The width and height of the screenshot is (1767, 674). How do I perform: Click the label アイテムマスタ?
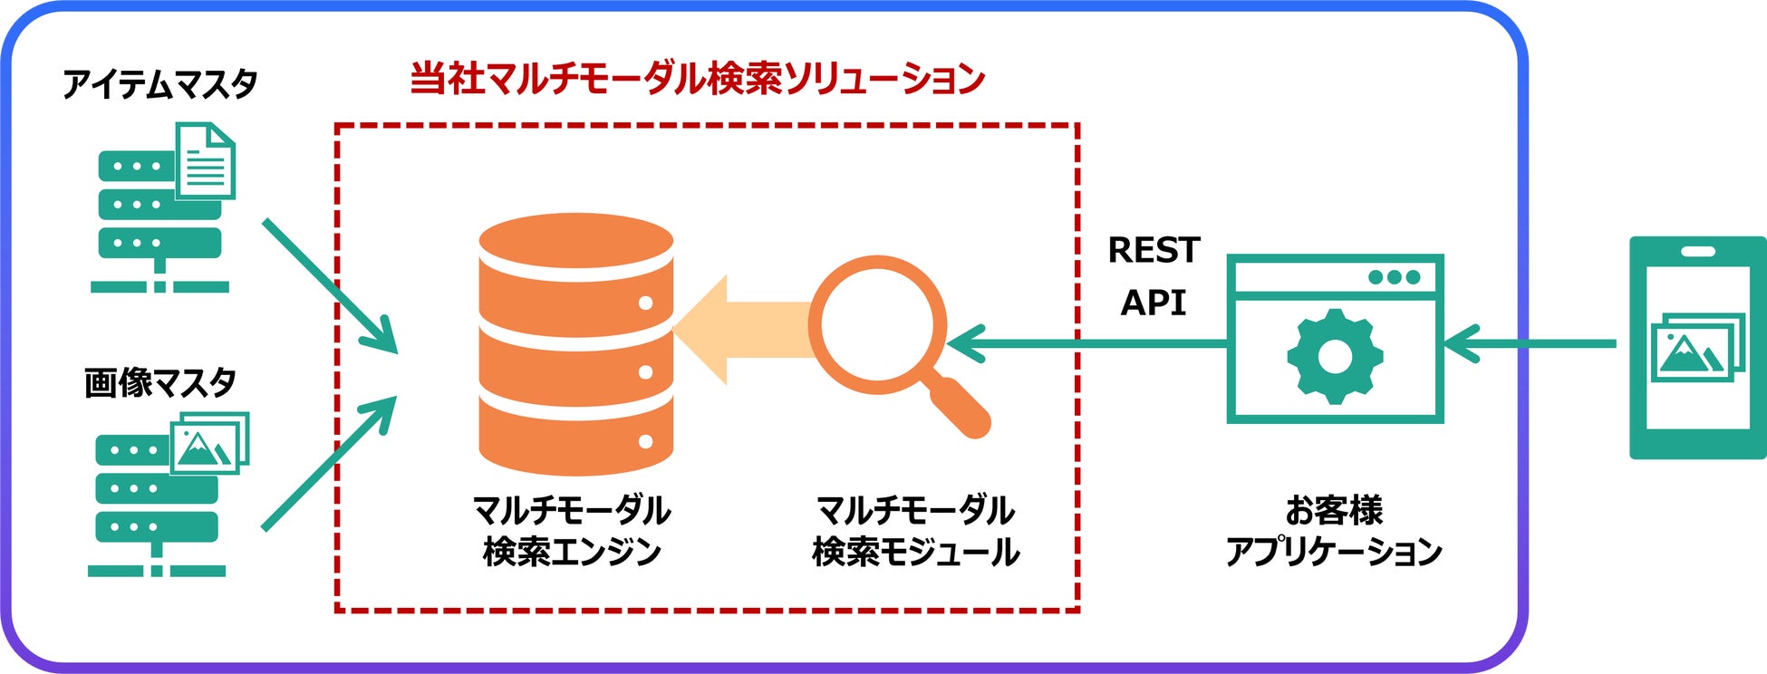click(x=159, y=84)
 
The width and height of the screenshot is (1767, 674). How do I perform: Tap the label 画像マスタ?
click(x=159, y=383)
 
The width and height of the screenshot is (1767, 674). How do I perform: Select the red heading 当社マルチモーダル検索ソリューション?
click(x=697, y=79)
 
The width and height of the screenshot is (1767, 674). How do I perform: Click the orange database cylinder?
click(x=576, y=344)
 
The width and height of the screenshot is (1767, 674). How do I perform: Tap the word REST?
click(x=1154, y=250)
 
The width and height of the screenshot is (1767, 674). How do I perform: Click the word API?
click(x=1154, y=303)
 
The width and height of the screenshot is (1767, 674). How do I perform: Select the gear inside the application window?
click(x=1334, y=356)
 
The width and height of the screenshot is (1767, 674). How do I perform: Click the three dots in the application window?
click(x=1394, y=276)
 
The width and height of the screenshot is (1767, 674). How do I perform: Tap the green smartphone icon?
click(x=1697, y=348)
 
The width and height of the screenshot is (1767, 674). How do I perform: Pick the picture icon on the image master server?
click(x=209, y=443)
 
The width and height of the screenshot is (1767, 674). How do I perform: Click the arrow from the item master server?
click(x=330, y=284)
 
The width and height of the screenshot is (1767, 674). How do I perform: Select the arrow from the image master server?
click(x=330, y=462)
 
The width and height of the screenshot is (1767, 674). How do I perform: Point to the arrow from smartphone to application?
click(x=1531, y=344)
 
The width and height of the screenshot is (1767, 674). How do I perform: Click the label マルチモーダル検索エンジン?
click(x=572, y=531)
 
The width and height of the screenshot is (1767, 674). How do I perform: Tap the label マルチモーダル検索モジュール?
click(x=915, y=531)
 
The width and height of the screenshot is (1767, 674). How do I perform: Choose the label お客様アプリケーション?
click(x=1334, y=531)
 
